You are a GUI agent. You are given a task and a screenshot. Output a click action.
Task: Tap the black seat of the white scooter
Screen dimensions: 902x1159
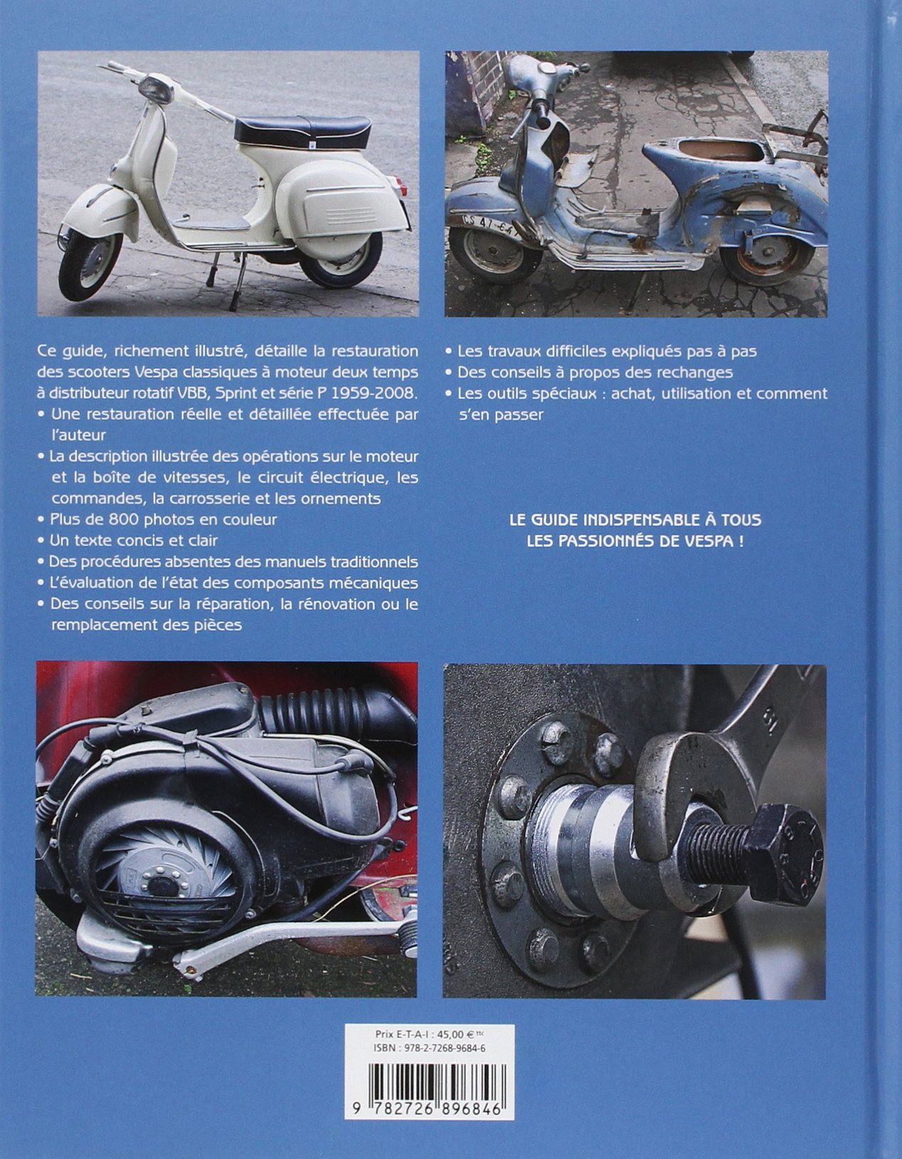coord(303,131)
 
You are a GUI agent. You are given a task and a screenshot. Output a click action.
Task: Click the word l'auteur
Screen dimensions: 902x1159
coord(79,435)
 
